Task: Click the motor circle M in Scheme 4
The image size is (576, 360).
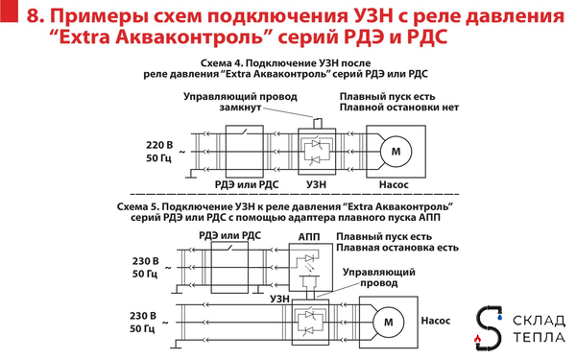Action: (x=394, y=151)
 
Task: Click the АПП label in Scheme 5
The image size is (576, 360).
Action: (x=309, y=235)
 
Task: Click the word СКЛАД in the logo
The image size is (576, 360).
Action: (x=537, y=319)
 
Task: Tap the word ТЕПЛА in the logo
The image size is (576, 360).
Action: (x=537, y=337)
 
